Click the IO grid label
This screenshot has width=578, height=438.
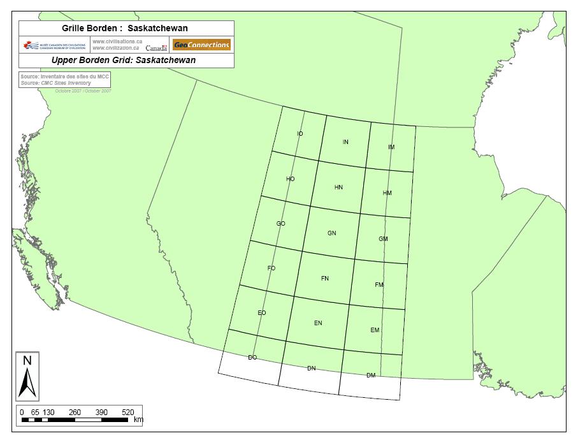pos(300,134)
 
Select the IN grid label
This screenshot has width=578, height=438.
pos(345,142)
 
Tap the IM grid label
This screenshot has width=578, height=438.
pos(391,147)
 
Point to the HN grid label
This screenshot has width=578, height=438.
pos(338,187)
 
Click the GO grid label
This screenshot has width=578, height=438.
pos(280,224)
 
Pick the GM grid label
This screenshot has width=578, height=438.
pos(383,239)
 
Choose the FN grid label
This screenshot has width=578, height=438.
pos(325,279)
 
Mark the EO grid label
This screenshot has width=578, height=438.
pos(262,313)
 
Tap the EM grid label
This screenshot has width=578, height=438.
pos(375,330)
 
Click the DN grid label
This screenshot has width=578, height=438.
pos(312,369)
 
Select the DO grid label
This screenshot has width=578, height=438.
pos(252,358)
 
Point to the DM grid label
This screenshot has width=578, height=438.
pos(371,376)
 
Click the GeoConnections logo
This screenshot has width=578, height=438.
pos(201,45)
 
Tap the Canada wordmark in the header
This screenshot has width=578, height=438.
pos(156,48)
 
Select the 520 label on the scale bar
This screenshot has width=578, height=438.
pos(127,412)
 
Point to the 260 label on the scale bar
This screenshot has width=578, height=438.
pos(75,412)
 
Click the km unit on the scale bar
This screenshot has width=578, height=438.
pos(138,420)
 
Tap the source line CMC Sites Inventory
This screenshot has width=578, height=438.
pos(55,83)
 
